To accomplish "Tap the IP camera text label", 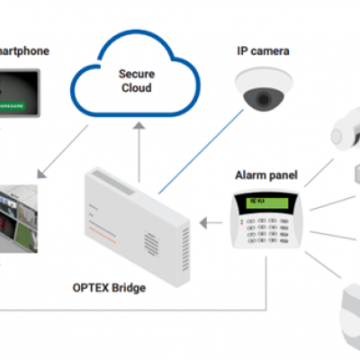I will click(x=262, y=50).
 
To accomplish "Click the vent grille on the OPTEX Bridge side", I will click(x=184, y=239).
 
